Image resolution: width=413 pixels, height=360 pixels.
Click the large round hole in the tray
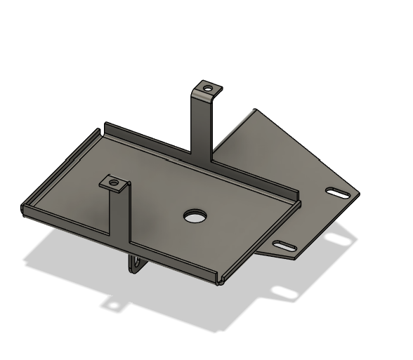point(192,215)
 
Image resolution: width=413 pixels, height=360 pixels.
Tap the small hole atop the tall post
point(207,88)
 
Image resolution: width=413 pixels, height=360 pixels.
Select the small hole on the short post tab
point(113,182)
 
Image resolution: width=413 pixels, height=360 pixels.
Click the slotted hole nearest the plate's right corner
point(339,192)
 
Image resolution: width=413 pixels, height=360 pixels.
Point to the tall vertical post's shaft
point(202,126)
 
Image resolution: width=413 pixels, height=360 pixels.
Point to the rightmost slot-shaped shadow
point(337,240)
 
